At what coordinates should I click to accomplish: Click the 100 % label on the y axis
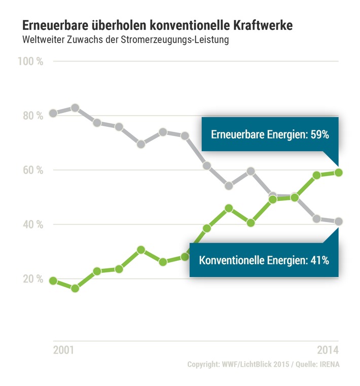click(x=31, y=61)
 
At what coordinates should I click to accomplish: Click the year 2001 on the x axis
click(x=63, y=350)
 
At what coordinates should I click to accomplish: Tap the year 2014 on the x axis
click(x=327, y=350)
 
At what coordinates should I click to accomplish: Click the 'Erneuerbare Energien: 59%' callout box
click(x=270, y=135)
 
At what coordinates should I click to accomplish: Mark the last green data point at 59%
click(x=338, y=172)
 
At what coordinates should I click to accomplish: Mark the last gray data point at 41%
click(x=338, y=221)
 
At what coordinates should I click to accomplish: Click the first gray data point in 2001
click(x=53, y=114)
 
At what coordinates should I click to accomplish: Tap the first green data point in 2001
click(x=53, y=280)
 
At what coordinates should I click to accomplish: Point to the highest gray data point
click(x=75, y=108)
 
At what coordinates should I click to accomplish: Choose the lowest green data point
click(x=75, y=288)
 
